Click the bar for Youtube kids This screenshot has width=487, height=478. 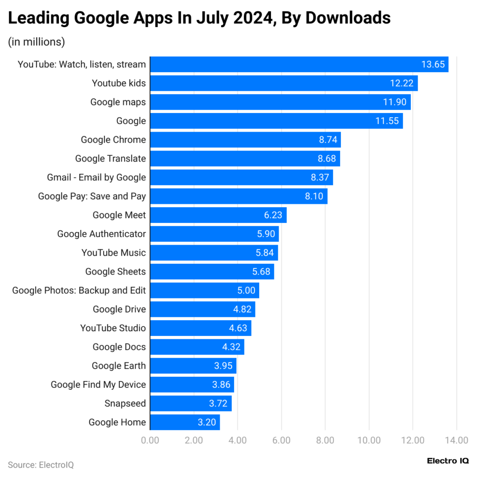point(284,83)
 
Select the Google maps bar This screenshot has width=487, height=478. point(281,102)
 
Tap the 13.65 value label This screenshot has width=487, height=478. point(433,65)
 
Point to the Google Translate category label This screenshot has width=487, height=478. point(110,159)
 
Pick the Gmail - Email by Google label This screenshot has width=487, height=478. point(97,177)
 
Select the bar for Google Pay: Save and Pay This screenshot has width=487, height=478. point(239,196)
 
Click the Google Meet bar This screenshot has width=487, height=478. point(218,215)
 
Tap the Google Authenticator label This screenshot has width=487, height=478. point(101,234)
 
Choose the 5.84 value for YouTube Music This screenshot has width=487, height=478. point(265,253)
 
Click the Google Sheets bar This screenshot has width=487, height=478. point(212,272)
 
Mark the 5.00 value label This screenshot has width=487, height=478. point(246,290)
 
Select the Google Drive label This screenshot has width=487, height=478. point(119,309)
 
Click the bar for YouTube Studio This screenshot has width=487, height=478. point(201,328)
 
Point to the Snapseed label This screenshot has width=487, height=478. point(125,403)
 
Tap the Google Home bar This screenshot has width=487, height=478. point(185,422)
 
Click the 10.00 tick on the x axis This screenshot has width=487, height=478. point(369,440)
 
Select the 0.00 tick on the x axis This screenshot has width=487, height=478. point(150,440)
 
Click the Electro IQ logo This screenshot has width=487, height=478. point(448,460)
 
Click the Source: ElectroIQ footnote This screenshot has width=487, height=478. point(41,464)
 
